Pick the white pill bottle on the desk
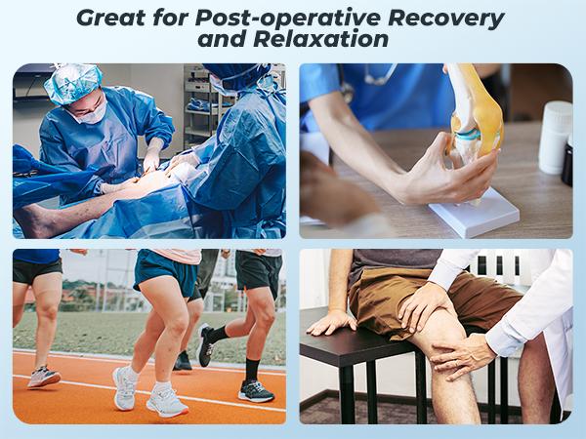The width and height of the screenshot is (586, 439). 554,138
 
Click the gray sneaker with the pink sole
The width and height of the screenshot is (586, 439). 44,376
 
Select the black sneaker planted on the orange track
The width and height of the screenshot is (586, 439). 255,391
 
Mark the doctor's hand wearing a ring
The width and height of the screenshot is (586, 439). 457,359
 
